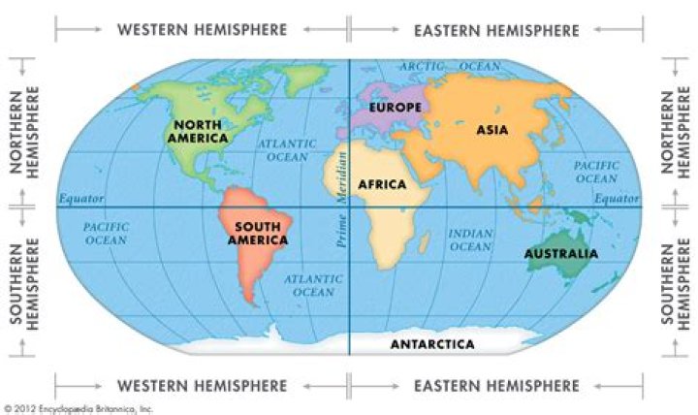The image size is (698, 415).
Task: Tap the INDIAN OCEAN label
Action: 471,239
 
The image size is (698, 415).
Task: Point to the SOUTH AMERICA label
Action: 258,233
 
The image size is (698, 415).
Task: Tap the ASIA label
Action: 492,128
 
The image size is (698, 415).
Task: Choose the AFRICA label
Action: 380,182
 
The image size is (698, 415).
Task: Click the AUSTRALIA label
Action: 561,254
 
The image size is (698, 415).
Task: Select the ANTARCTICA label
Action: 432,344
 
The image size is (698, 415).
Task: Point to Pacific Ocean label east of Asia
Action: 596,172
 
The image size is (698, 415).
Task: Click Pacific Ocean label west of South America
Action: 106,233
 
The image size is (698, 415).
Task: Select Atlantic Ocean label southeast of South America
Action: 311,285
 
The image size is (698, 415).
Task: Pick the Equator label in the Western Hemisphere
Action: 81,199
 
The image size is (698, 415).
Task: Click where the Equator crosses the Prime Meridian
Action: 349,207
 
